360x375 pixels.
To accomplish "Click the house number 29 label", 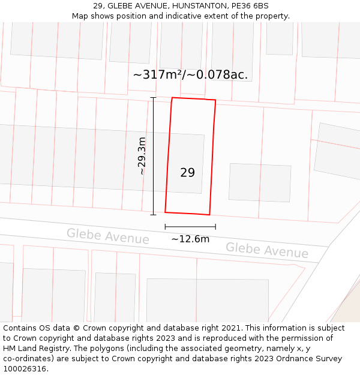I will (x=187, y=173).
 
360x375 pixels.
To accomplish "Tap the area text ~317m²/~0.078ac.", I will (x=190, y=75).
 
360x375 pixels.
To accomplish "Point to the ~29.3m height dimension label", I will (x=142, y=156).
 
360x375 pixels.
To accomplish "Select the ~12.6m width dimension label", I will (x=190, y=239).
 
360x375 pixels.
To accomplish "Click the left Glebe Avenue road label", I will (x=108, y=236).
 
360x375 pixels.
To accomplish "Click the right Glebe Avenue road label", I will (x=267, y=250).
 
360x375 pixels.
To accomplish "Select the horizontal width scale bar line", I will (x=190, y=227).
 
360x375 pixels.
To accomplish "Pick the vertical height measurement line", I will (x=153, y=156).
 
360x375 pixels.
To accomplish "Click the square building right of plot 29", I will (x=260, y=182).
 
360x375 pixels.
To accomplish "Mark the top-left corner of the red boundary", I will (x=172, y=98).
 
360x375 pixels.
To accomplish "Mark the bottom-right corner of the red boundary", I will (x=209, y=214).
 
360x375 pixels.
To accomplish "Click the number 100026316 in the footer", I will (x=25, y=369).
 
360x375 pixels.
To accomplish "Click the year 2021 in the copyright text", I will (x=230, y=328).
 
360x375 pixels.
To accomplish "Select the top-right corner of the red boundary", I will (x=215, y=100).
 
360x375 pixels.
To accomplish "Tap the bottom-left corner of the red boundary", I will (x=165, y=212).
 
